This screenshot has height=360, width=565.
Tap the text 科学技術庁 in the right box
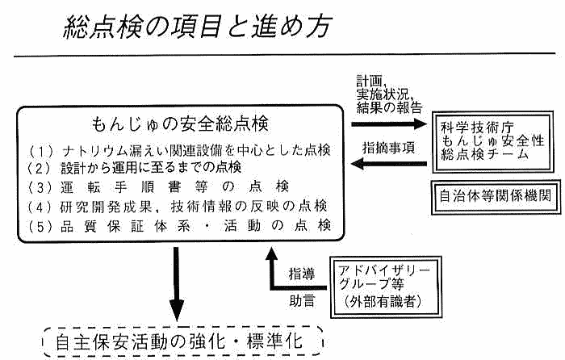[x=469, y=127]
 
